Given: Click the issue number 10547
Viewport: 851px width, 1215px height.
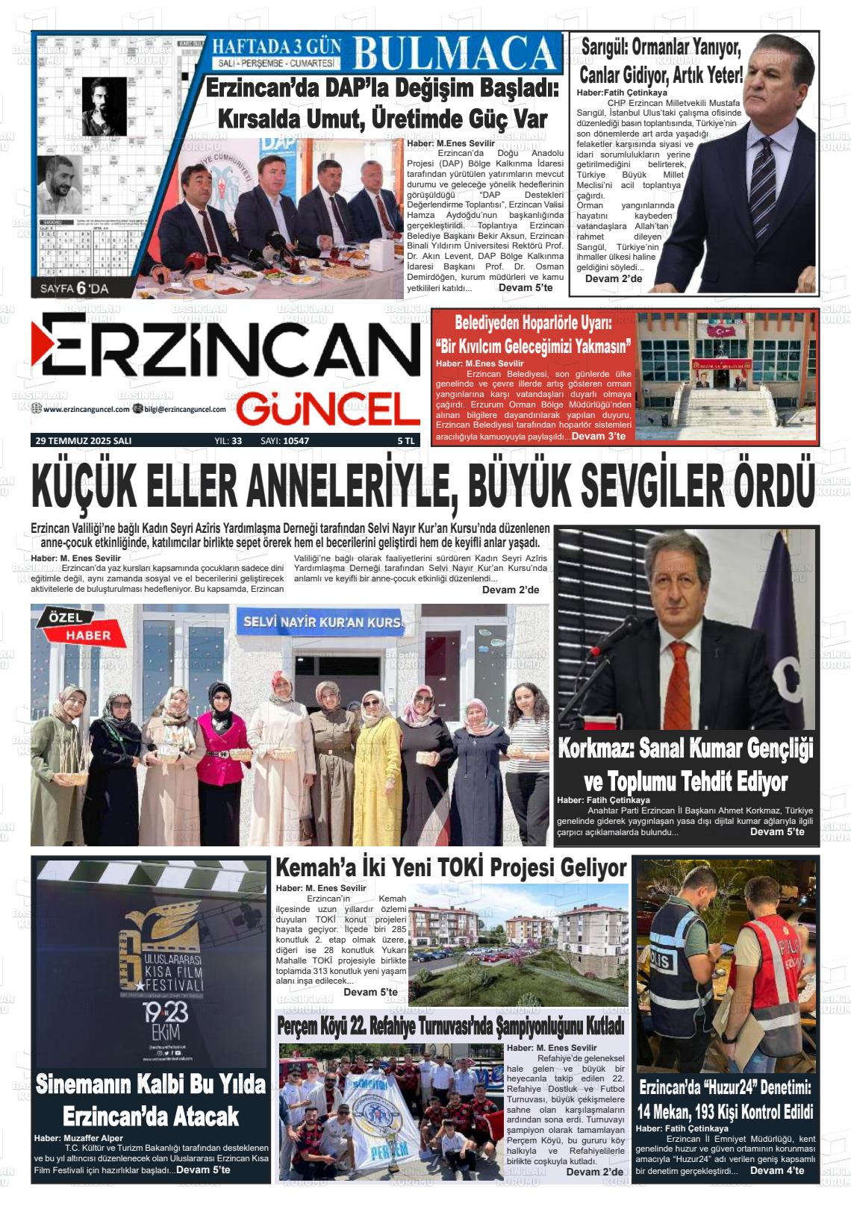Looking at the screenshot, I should click(296, 441).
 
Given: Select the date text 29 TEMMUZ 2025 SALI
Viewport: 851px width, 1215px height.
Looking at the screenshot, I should click(84, 441).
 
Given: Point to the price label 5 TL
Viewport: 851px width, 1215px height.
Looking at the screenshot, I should click(405, 441).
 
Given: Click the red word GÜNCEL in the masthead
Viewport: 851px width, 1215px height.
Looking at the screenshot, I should click(328, 409).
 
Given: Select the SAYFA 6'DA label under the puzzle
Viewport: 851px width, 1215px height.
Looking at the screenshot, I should click(75, 287).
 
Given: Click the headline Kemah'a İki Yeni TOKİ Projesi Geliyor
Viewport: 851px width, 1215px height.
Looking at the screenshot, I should click(450, 868).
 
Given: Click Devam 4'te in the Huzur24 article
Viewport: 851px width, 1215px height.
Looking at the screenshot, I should click(776, 1170).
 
